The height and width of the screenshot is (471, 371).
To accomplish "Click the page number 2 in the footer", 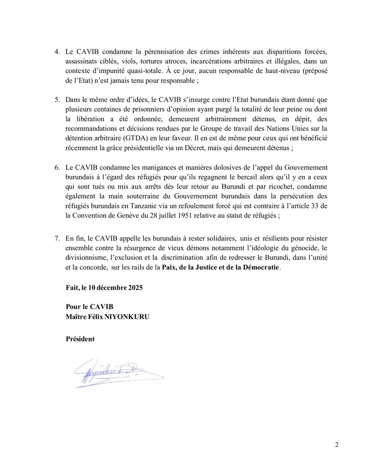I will click(x=336, y=445).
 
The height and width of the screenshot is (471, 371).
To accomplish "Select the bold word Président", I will click(x=80, y=339).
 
